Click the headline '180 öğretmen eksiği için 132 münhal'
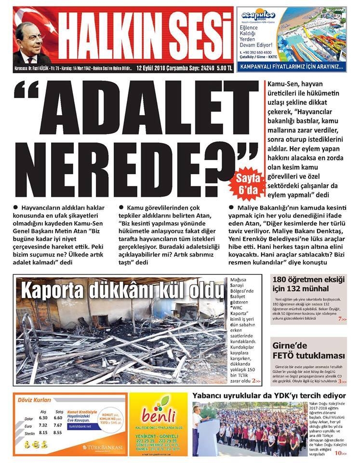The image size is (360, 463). (x=309, y=285)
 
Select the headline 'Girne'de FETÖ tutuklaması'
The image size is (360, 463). (x=309, y=352)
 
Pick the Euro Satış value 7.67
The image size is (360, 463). (x=58, y=425)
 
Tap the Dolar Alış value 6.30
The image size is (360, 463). (x=43, y=418)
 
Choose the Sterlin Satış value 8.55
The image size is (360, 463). (x=58, y=433)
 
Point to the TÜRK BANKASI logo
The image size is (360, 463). (x=102, y=448)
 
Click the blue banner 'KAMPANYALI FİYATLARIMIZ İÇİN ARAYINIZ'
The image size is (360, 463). (x=291, y=66)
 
